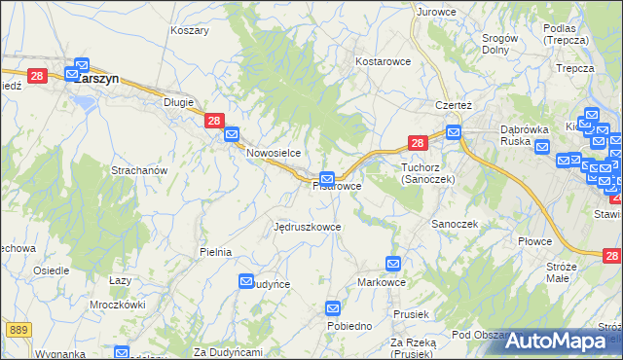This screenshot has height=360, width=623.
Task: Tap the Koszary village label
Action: tap(190, 30)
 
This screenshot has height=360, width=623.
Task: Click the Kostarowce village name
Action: tap(384, 60)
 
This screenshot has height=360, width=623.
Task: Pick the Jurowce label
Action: tap(436, 12)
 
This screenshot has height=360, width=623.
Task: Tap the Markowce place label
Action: tap(382, 281)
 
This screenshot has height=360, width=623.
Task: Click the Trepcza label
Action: tap(574, 68)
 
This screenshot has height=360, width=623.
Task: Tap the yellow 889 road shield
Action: tap(18, 330)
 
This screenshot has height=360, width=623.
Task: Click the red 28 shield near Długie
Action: tap(215, 121)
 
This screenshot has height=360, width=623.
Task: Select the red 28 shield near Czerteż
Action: tap(417, 143)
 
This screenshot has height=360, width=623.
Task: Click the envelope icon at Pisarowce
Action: tap(328, 179)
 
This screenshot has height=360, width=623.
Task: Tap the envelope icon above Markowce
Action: tap(393, 263)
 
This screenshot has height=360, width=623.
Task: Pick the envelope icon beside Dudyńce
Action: tap(246, 281)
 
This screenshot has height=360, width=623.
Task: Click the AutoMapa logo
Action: tap(562, 341)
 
